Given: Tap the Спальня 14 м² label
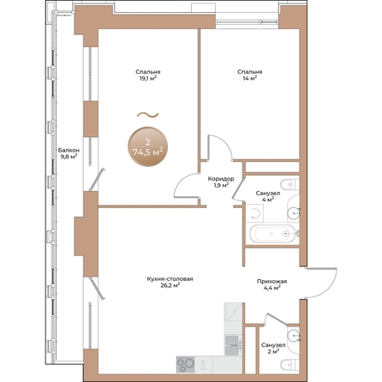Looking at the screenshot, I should coord(249,76).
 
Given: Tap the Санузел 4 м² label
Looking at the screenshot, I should coord(266,198).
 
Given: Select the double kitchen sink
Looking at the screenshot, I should coord(233,342).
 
